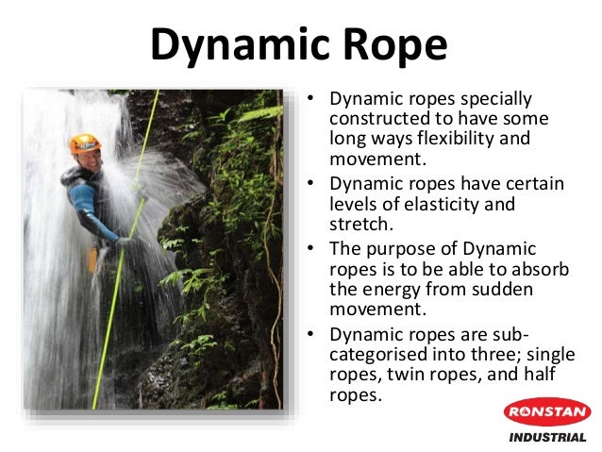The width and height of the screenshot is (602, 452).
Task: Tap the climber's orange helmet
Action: [x=85, y=143]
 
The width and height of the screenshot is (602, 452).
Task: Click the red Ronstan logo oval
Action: [x=547, y=411]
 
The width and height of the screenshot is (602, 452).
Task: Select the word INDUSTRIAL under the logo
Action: [x=547, y=437]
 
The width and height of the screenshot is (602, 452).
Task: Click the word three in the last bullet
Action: [x=493, y=358]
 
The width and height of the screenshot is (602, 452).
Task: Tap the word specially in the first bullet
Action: [x=498, y=98]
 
